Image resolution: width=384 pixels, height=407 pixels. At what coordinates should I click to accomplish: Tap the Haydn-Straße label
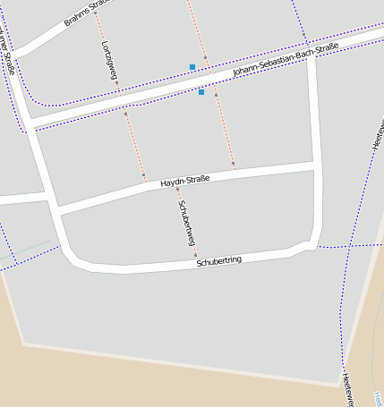coord(184,182)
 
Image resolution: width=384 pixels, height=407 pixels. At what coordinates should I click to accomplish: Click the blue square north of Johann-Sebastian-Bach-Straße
coord(192,67)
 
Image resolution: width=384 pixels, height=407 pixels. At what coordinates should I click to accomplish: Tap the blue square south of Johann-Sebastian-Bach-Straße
coord(201,92)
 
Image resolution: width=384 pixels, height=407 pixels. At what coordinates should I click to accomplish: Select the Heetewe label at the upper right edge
coord(377,130)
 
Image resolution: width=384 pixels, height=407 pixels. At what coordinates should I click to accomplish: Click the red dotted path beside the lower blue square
coord(224,125)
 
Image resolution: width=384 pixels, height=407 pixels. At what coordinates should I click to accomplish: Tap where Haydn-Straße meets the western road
coord(55,211)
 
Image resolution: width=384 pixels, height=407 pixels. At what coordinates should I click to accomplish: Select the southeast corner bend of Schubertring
coord(310,245)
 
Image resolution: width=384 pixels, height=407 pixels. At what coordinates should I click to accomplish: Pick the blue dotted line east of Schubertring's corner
coord(345,245)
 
